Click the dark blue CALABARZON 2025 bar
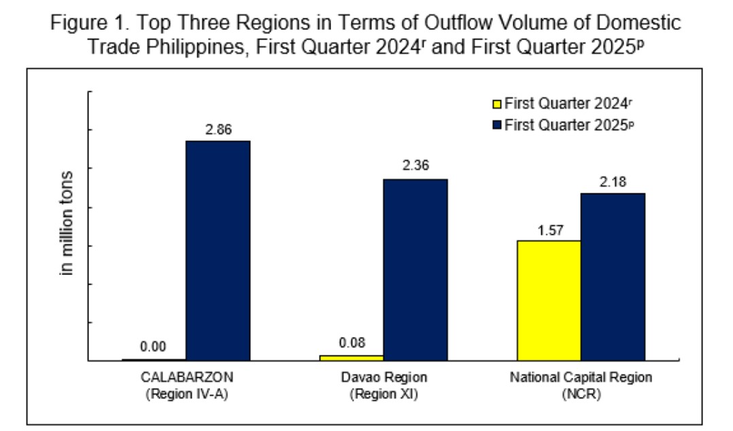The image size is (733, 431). click(x=218, y=250)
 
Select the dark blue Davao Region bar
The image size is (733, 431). click(x=415, y=269)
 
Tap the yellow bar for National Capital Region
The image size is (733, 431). click(x=549, y=300)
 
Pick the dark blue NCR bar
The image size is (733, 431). click(x=613, y=276)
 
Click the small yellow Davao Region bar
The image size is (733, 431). click(x=351, y=357)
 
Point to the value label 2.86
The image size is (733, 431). click(x=219, y=129)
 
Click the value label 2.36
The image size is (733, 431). click(x=415, y=166)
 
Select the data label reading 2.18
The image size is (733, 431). click(x=613, y=182)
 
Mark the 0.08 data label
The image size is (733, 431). click(x=352, y=342)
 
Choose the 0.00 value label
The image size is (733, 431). click(x=153, y=347)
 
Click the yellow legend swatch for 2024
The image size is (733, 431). click(x=496, y=105)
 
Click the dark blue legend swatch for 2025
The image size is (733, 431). click(x=496, y=125)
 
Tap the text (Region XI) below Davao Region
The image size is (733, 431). click(x=383, y=394)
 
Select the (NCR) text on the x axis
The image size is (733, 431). click(x=581, y=394)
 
